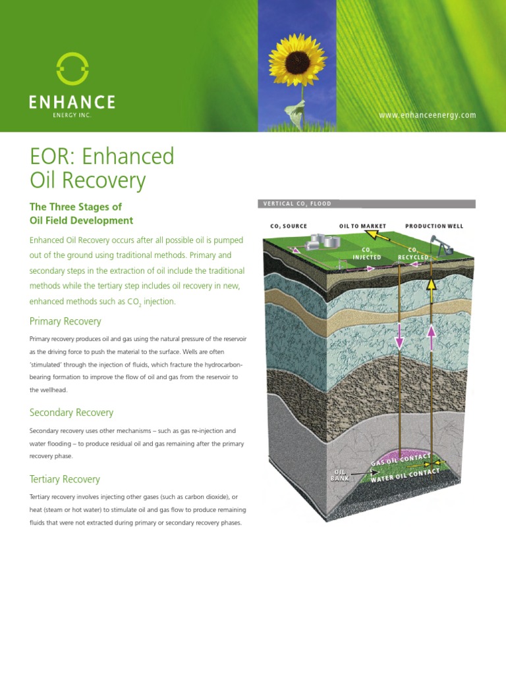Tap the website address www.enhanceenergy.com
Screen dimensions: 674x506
point(427,115)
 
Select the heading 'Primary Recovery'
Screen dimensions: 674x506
point(65,321)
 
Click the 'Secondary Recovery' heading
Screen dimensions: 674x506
point(71,413)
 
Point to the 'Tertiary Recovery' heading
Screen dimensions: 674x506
point(65,479)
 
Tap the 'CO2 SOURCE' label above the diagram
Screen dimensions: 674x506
point(289,226)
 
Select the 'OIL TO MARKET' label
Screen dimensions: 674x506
point(362,226)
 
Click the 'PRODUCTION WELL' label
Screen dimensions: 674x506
point(434,226)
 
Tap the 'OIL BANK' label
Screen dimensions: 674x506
point(340,475)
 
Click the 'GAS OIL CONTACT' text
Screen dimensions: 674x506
point(401,459)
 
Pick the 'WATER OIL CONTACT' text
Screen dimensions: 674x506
point(405,475)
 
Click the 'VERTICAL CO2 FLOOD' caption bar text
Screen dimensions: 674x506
point(297,204)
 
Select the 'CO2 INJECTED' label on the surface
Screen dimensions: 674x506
point(368,253)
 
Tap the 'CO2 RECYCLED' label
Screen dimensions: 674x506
point(413,253)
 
